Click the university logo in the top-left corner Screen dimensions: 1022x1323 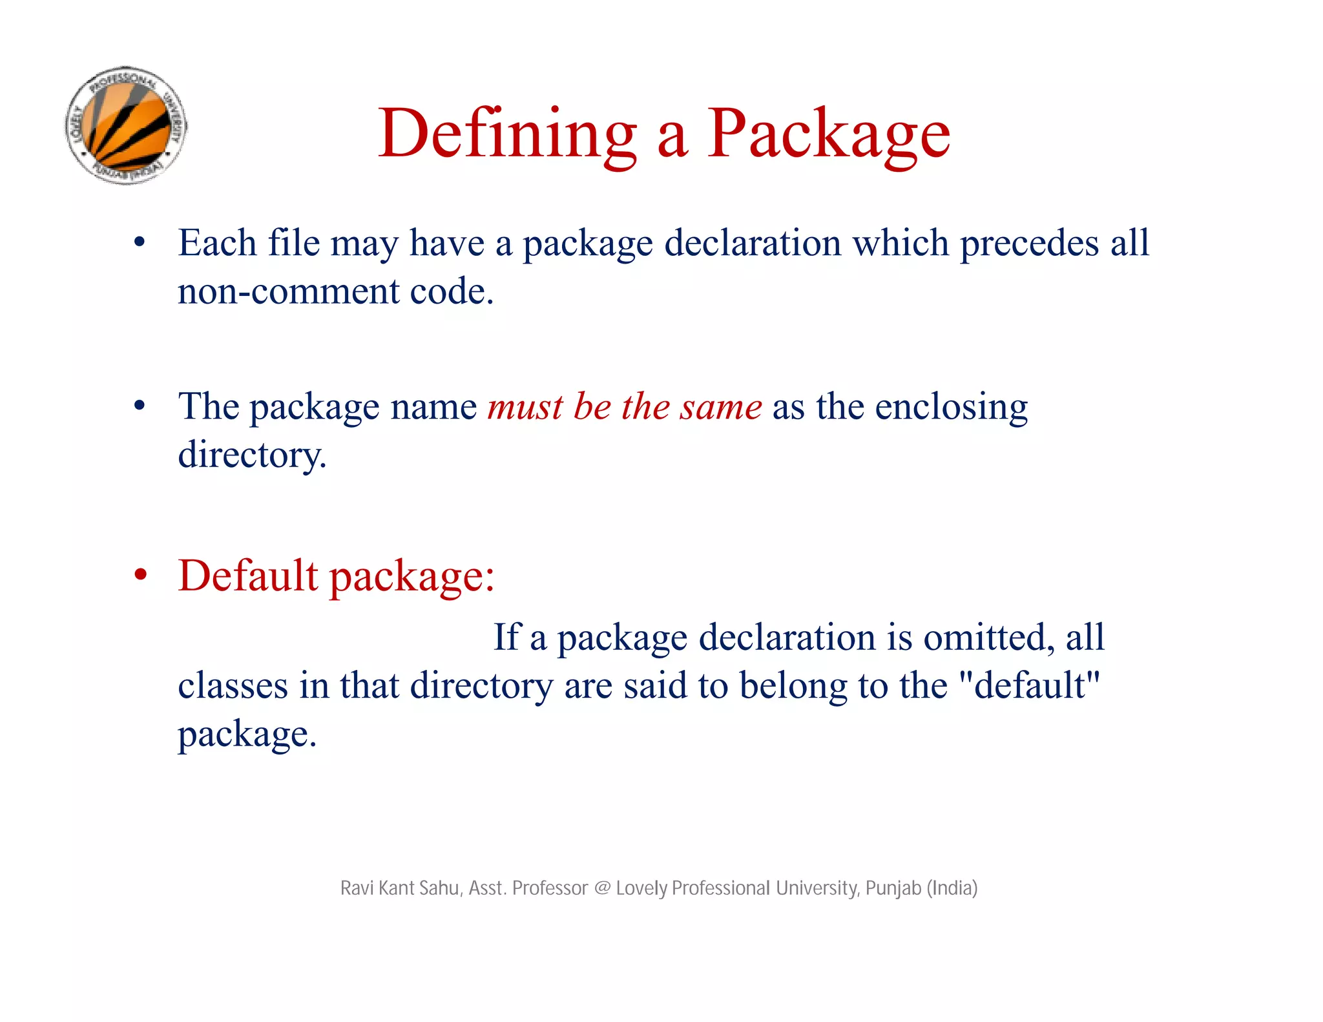(127, 125)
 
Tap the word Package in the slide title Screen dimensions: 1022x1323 (828, 134)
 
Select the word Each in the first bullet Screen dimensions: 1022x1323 (217, 244)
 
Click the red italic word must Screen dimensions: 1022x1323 (525, 407)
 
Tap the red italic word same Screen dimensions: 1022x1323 (721, 407)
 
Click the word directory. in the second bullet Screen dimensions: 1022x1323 (252, 455)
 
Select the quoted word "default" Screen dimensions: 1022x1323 (1030, 685)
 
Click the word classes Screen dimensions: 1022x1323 (233, 685)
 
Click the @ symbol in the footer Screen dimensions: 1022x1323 (602, 888)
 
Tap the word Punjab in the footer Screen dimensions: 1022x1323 (893, 889)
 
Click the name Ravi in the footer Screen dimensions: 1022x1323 (357, 888)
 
